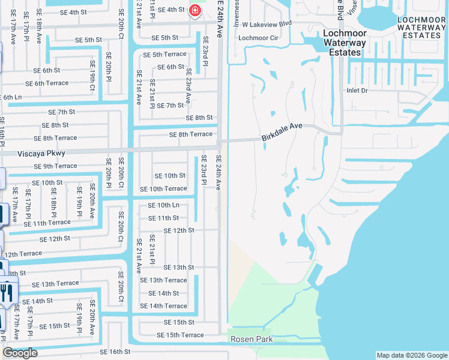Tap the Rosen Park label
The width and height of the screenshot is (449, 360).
[252, 340]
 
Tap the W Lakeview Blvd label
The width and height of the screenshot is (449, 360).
[267, 25]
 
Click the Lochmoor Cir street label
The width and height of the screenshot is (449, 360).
[259, 38]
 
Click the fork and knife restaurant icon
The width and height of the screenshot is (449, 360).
[7, 292]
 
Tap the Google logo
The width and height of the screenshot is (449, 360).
[20, 353]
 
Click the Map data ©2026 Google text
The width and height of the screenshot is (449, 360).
[411, 355]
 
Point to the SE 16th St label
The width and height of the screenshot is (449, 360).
[115, 352]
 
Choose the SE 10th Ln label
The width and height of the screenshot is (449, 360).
[163, 205]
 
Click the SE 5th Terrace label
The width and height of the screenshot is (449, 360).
[164, 55]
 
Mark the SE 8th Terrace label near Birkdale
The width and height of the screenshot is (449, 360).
[191, 134]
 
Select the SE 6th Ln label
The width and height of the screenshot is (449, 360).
[12, 97]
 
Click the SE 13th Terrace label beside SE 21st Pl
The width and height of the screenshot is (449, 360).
[163, 280]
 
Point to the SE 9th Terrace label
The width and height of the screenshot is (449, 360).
[55, 166]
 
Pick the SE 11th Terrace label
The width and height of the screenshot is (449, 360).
[47, 223]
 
